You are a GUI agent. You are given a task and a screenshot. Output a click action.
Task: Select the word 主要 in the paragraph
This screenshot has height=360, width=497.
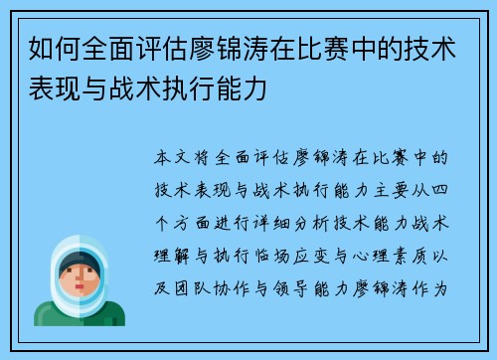pyautogui.click(x=384, y=185)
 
